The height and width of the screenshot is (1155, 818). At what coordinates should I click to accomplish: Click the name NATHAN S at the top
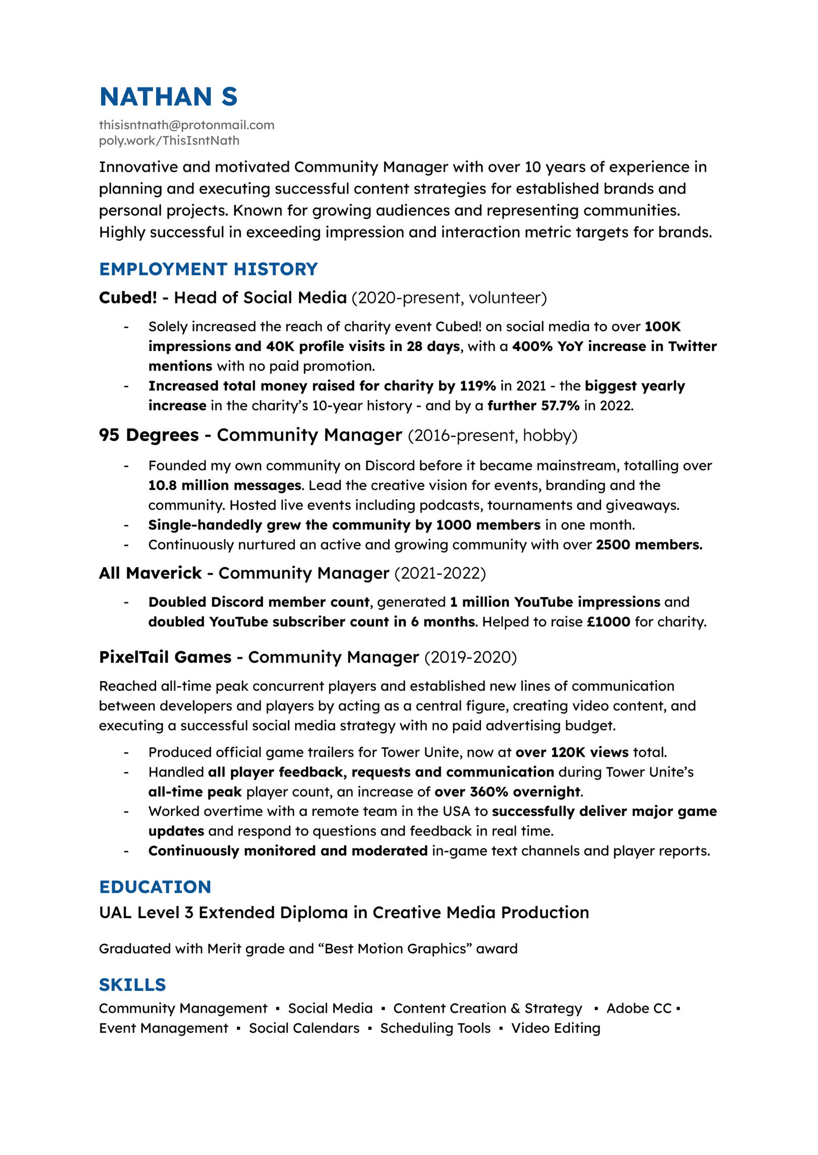[168, 96]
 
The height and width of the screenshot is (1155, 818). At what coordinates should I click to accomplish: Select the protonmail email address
[186, 125]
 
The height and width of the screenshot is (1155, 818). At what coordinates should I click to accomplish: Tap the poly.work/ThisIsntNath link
[169, 140]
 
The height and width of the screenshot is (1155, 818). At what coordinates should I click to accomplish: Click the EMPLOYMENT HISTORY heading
[208, 269]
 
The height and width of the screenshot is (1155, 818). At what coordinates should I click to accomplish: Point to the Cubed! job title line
[322, 297]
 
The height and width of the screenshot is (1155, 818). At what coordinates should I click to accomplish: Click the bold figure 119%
[477, 386]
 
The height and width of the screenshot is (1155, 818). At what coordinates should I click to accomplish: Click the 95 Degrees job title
[250, 435]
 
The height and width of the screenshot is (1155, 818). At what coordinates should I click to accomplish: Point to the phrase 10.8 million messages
[224, 485]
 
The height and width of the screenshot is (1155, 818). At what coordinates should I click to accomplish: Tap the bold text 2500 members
[649, 544]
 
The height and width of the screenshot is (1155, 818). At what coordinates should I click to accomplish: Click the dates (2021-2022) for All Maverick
[440, 573]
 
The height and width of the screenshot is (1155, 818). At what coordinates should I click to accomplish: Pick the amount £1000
[608, 622]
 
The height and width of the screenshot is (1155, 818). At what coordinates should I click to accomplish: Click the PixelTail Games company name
[165, 657]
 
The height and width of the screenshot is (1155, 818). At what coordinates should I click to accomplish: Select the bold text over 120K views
[572, 752]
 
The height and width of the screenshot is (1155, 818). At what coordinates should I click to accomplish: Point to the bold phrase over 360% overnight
[508, 791]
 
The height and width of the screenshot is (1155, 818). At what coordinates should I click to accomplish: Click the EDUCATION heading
[155, 887]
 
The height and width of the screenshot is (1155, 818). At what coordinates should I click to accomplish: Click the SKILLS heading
[132, 985]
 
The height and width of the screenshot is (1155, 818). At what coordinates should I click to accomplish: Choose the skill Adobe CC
[639, 1009]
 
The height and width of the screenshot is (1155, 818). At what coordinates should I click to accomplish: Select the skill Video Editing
[555, 1028]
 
